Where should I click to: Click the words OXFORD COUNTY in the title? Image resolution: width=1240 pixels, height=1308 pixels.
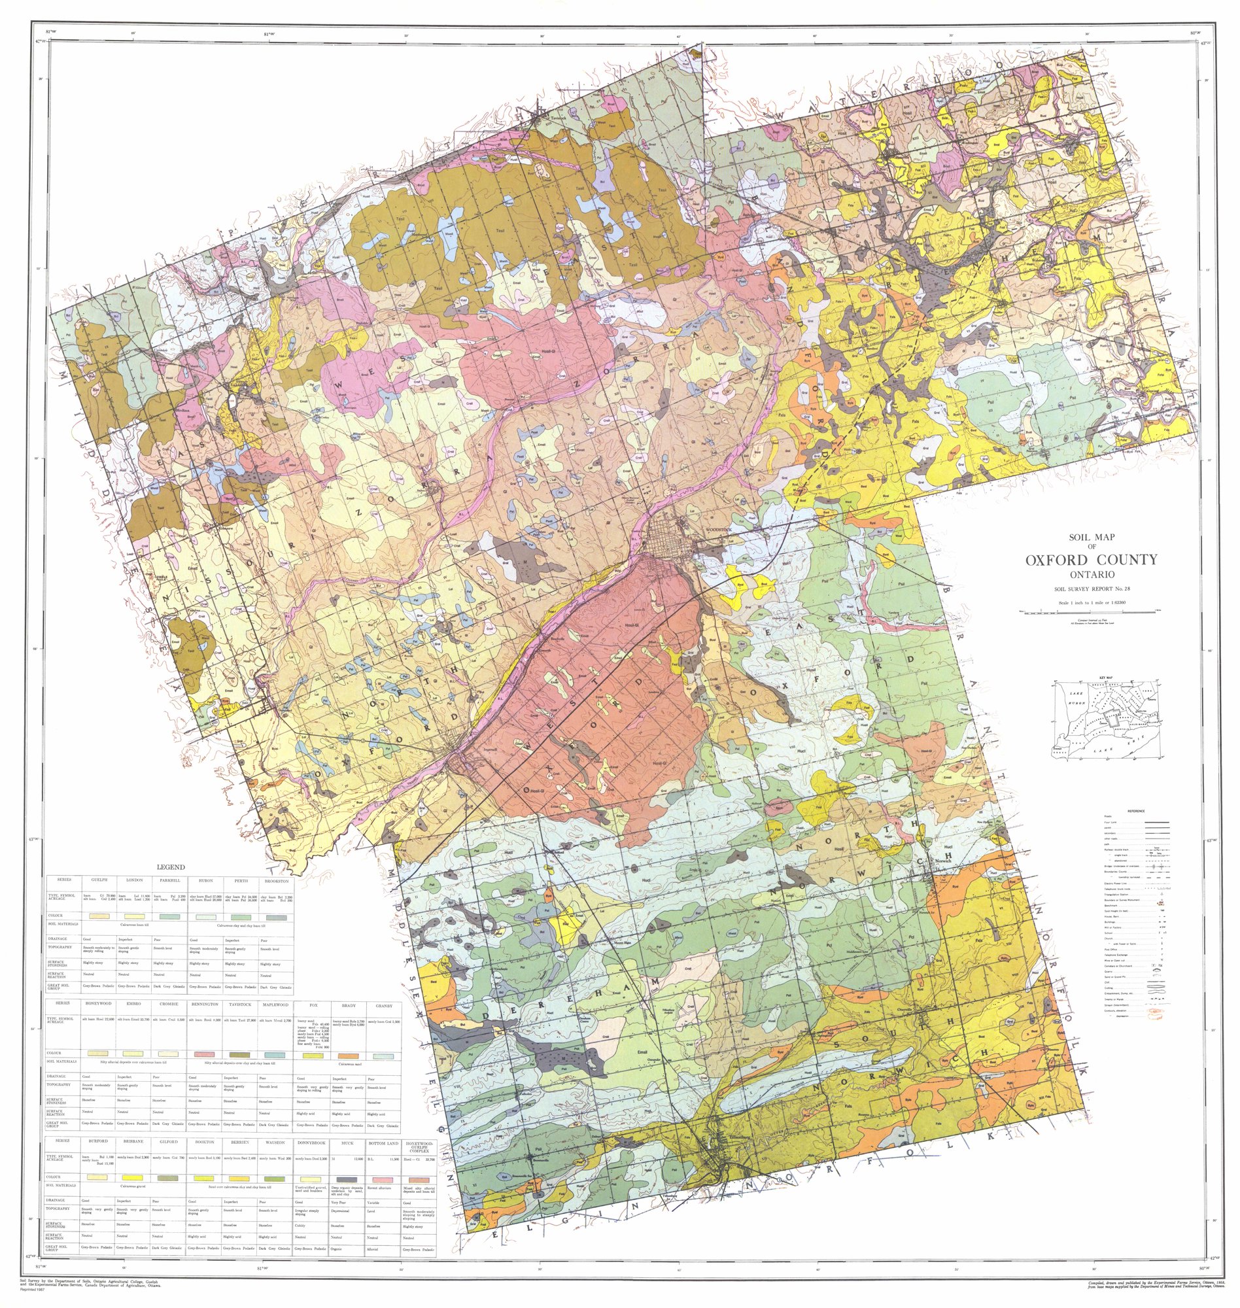pos(1092,560)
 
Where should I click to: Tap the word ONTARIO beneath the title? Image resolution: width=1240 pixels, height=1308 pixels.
pos(1092,574)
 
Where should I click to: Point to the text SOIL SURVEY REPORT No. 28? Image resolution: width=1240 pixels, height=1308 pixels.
pos(1092,587)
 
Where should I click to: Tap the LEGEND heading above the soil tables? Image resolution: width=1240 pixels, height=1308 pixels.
pos(171,867)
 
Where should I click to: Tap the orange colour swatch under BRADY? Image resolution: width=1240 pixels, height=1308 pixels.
pos(349,1056)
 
